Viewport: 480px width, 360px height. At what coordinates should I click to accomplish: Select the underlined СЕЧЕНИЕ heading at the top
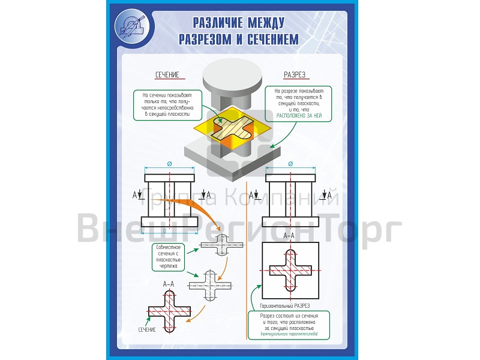click(x=167, y=75)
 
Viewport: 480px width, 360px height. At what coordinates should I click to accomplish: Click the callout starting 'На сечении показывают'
click(x=167, y=104)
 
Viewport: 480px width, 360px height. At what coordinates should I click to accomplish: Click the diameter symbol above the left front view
click(x=170, y=164)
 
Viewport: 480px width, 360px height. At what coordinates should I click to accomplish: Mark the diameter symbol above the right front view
click(x=290, y=164)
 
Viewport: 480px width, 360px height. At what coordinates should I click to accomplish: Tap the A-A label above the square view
click(x=289, y=236)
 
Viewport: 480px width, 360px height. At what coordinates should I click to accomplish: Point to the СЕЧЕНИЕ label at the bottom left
click(x=147, y=330)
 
